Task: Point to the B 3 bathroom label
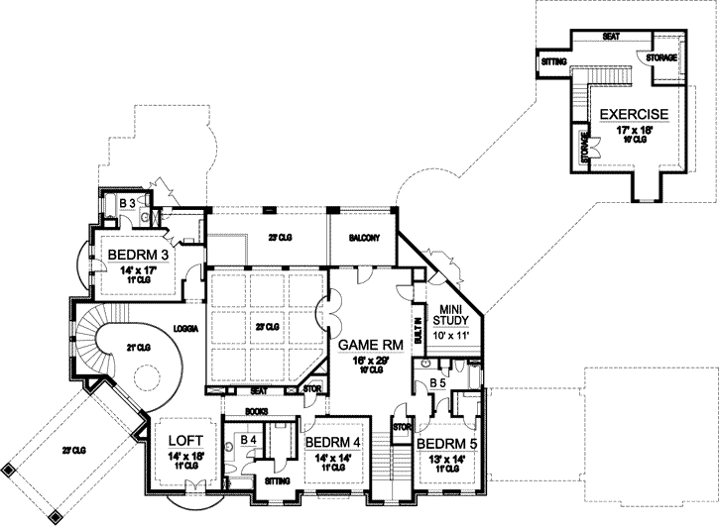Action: tap(127, 204)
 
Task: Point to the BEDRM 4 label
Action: tap(332, 442)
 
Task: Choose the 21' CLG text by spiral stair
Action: tap(138, 346)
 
